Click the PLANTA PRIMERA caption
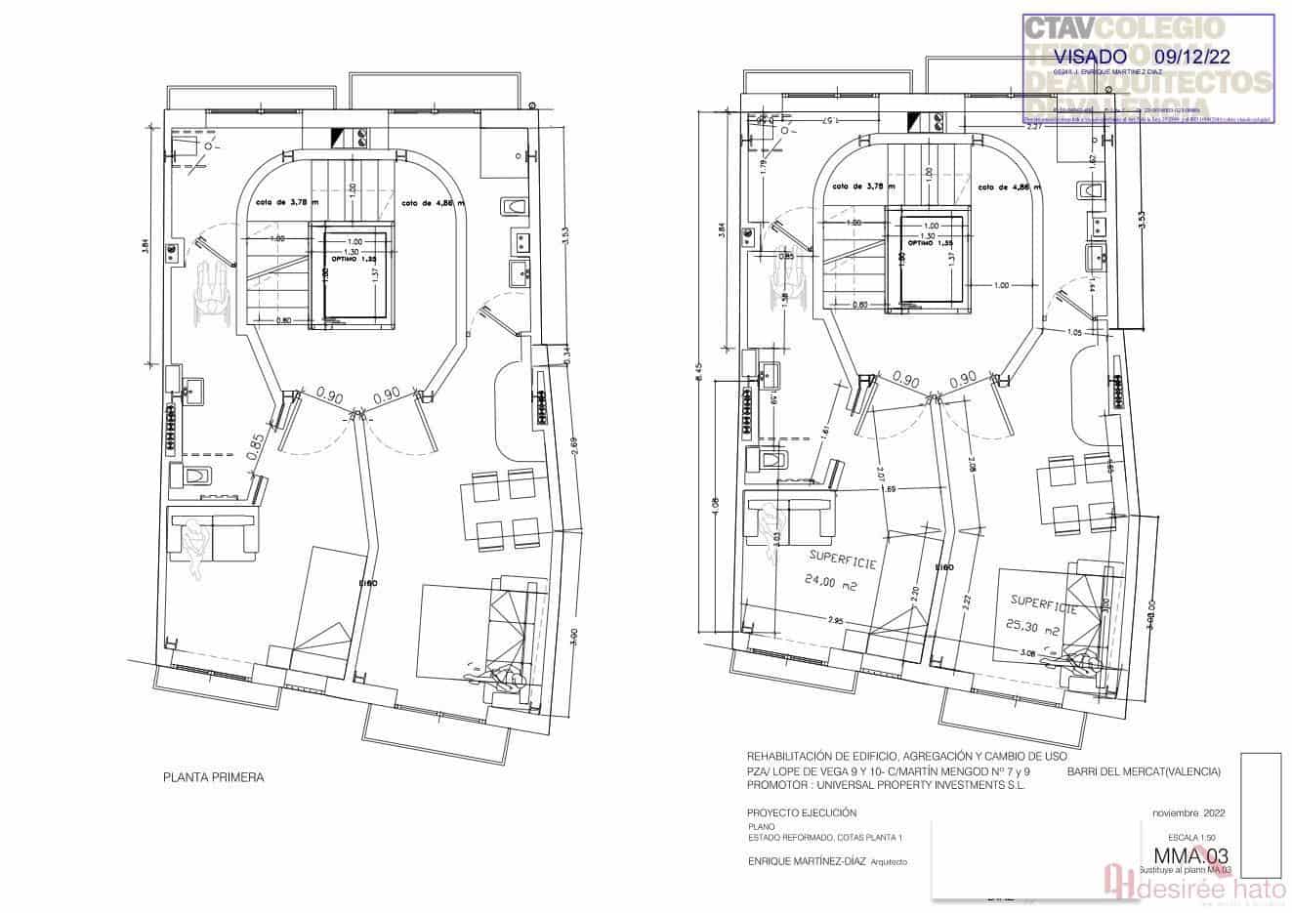click(x=213, y=778)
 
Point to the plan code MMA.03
click(x=1184, y=856)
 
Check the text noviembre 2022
click(x=1188, y=812)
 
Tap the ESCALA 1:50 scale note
click(x=1199, y=837)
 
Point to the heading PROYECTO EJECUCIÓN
click(x=801, y=812)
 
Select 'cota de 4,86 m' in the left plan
click(x=435, y=203)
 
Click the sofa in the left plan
click(x=212, y=533)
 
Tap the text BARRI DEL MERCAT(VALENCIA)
click(x=1144, y=771)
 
